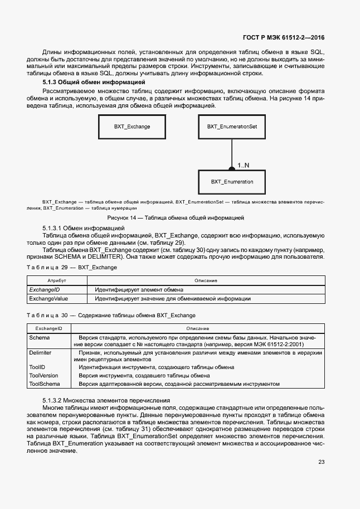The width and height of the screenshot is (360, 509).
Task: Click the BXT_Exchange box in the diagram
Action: point(132,127)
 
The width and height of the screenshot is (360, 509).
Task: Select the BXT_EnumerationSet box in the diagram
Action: point(232,127)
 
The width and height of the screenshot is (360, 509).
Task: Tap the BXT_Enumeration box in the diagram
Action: point(232,182)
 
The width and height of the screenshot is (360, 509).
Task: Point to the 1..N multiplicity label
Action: point(244,166)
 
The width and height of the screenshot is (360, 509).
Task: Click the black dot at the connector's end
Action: point(232,168)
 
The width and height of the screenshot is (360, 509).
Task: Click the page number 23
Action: point(322,462)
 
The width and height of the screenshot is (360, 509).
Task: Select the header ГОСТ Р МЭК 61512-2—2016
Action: point(284,38)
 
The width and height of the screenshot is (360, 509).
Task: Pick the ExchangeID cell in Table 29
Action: point(45,290)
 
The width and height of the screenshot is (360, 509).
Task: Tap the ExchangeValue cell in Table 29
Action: point(48,299)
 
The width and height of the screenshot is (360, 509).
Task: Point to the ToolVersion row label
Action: point(43,376)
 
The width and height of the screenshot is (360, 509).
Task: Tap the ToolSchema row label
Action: point(44,384)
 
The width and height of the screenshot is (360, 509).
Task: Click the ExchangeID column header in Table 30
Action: point(48,328)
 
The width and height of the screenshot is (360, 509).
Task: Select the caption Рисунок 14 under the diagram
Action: point(180,217)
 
